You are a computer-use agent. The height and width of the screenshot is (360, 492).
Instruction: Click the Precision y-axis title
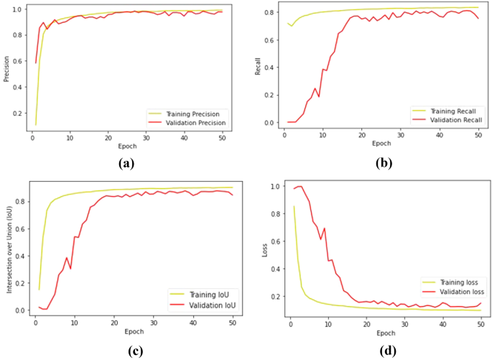[6, 69]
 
